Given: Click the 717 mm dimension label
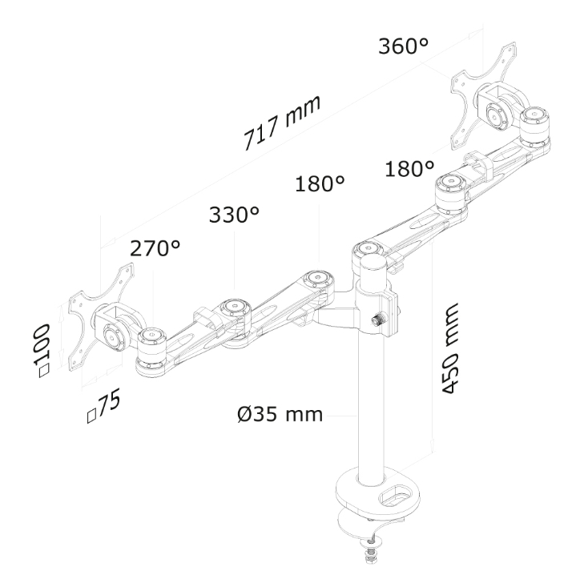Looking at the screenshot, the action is tap(282, 123).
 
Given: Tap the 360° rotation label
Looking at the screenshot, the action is tap(403, 46).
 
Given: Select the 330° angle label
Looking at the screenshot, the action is tap(234, 215).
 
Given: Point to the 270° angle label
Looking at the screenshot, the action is tap(155, 248).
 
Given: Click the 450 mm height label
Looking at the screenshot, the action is tap(450, 348).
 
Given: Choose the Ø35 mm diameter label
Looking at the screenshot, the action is tap(280, 414).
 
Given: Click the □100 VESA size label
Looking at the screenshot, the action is tap(42, 351).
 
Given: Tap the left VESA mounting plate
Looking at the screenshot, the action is tap(100, 319).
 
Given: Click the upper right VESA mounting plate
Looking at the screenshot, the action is tap(483, 98).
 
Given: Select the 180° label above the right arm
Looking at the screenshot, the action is tap(409, 169).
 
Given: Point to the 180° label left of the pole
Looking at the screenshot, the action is tap(320, 183).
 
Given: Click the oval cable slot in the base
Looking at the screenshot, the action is tap(395, 497).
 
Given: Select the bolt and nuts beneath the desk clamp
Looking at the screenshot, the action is tap(370, 547).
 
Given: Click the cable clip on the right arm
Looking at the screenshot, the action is tap(480, 164).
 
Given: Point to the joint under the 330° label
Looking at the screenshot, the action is tap(236, 315).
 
